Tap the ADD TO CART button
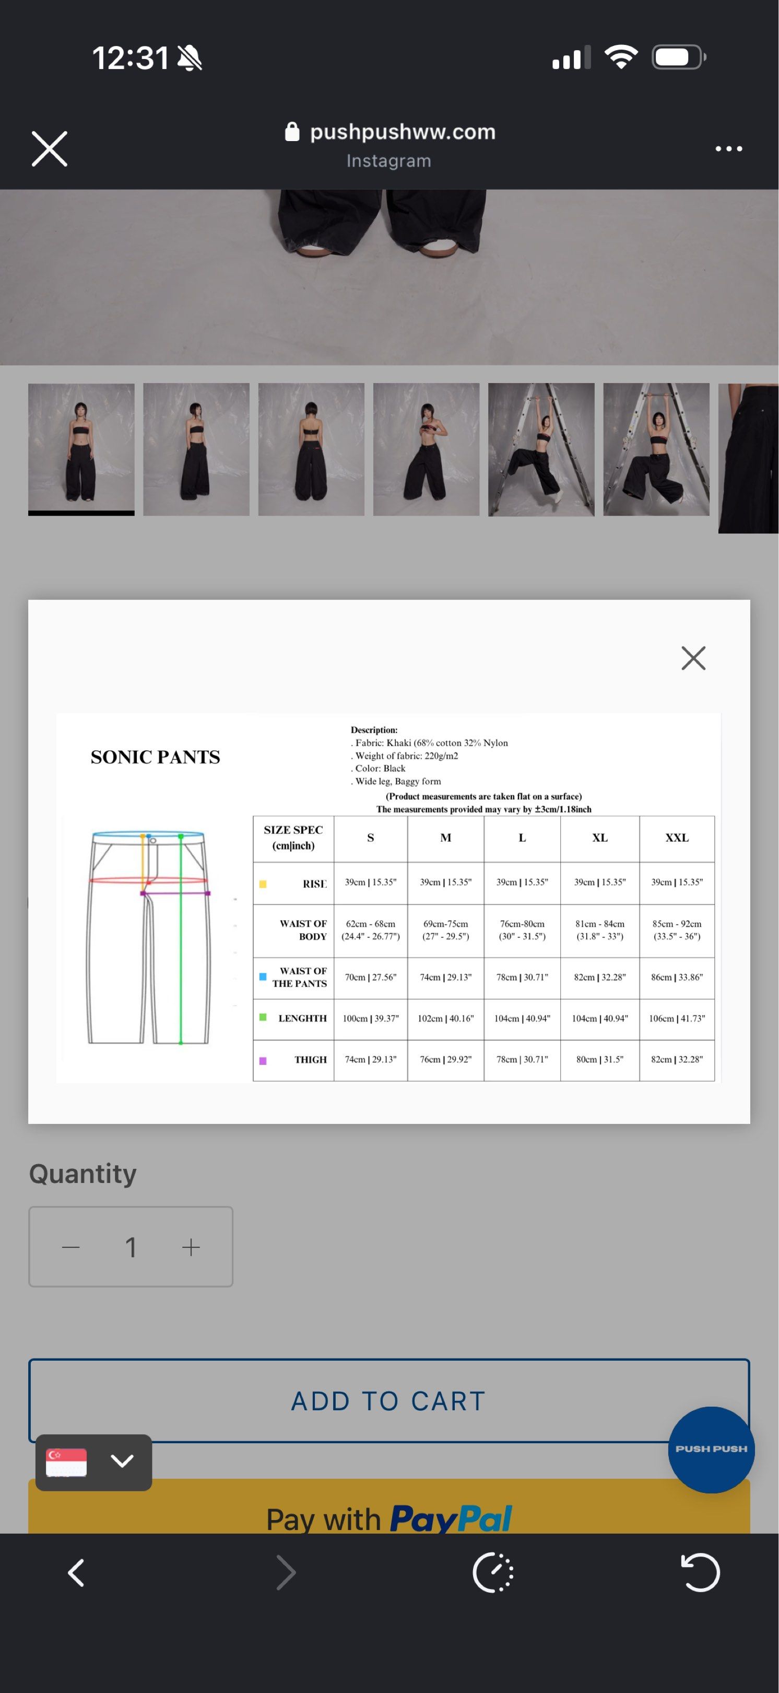pyautogui.click(x=389, y=1400)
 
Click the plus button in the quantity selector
pyautogui.click(x=191, y=1247)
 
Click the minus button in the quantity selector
pyautogui.click(x=71, y=1247)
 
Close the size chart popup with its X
pyautogui.click(x=693, y=657)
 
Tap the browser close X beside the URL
pyautogui.click(x=49, y=148)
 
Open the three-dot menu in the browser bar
pyautogui.click(x=728, y=148)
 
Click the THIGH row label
pyautogui.click(x=310, y=1060)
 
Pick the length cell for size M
pyautogui.click(x=445, y=1018)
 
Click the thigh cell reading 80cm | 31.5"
pyautogui.click(x=600, y=1060)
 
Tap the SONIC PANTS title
pyautogui.click(x=156, y=757)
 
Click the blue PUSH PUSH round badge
pyautogui.click(x=711, y=1449)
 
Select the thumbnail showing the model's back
pyautogui.click(x=311, y=449)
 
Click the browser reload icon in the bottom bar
pyautogui.click(x=700, y=1572)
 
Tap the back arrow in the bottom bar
pyautogui.click(x=76, y=1572)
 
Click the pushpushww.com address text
pyautogui.click(x=402, y=132)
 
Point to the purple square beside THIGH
pyautogui.click(x=263, y=1061)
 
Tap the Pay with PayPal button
pyautogui.click(x=389, y=1518)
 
